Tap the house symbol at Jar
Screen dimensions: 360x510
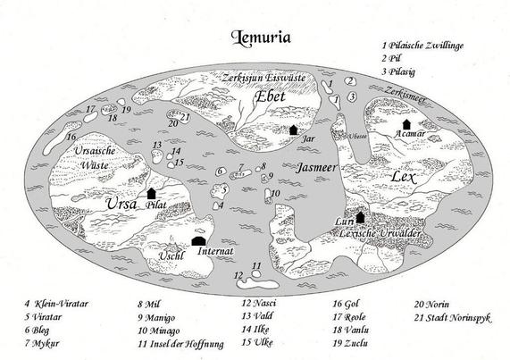click(x=293, y=130)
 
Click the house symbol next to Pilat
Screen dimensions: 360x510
click(x=151, y=191)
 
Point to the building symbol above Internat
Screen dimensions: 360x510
click(x=199, y=239)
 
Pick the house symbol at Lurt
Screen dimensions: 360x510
click(x=361, y=216)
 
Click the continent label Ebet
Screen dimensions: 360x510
click(x=269, y=96)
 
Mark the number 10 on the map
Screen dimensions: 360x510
click(x=276, y=194)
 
